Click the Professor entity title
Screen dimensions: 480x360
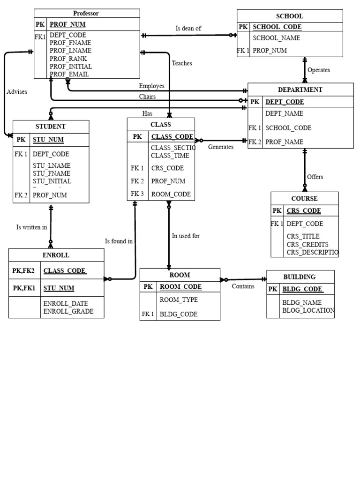[86, 13]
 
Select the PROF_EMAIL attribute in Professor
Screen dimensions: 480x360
[69, 74]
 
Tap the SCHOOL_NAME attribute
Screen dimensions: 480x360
[276, 38]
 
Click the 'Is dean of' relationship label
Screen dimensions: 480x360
[188, 28]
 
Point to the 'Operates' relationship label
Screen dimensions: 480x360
[319, 70]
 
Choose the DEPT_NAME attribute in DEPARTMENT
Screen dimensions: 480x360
[284, 113]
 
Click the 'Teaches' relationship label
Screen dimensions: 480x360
[182, 63]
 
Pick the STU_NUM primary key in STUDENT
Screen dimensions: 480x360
[48, 139]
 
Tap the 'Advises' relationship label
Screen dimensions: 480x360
[17, 92]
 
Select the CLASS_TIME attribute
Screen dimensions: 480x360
[170, 155]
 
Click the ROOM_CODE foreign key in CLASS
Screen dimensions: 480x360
[171, 194]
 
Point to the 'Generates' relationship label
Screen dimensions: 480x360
[221, 147]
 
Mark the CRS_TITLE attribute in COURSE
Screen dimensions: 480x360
[303, 236]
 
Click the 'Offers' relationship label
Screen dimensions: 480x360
[315, 177]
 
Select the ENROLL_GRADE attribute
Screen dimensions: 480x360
[68, 311]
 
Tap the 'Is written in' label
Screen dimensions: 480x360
[31, 227]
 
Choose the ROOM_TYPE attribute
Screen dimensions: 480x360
[179, 300]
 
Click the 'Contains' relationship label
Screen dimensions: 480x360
[243, 286]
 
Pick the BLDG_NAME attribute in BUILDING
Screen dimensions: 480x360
[302, 303]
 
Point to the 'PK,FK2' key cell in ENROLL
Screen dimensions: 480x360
[23, 270]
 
